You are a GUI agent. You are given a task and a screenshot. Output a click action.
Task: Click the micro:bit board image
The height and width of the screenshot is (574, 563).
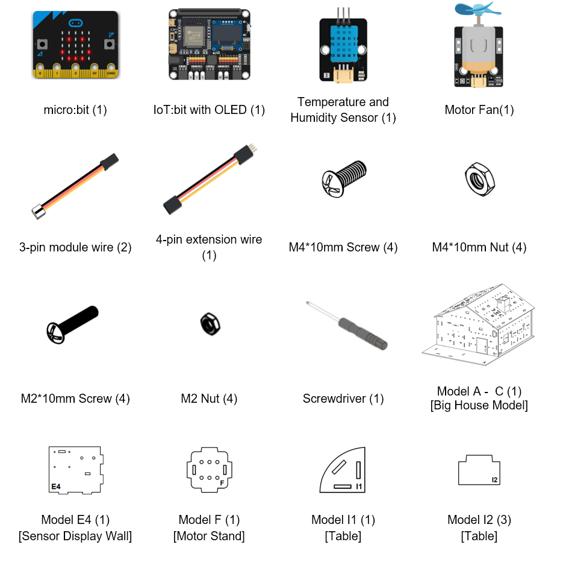pyautogui.click(x=76, y=45)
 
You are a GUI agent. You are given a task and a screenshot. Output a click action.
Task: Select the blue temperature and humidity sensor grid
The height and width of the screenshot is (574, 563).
pyautogui.click(x=343, y=44)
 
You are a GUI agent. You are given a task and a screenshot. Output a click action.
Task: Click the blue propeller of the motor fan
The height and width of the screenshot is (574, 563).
pyautogui.click(x=478, y=9)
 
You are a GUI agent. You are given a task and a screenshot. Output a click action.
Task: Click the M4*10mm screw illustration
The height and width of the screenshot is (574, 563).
pyautogui.click(x=344, y=178)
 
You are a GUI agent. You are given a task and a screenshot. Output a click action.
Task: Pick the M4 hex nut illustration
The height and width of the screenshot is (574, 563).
pyautogui.click(x=480, y=180)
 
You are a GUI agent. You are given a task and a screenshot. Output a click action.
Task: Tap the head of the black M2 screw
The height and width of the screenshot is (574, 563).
pyautogui.click(x=55, y=333)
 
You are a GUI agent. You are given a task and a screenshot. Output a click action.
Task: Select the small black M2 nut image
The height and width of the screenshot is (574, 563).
pyautogui.click(x=210, y=324)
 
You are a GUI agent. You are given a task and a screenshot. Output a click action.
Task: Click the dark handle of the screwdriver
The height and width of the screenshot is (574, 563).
pyautogui.click(x=363, y=334)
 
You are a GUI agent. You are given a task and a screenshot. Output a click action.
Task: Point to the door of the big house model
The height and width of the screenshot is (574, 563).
pyautogui.click(x=482, y=345)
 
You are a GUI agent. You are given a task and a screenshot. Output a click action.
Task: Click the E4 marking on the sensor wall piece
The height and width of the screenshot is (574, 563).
pyautogui.click(x=56, y=487)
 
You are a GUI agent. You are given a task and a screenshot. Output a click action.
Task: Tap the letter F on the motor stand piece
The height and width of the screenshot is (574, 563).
pyautogui.click(x=222, y=483)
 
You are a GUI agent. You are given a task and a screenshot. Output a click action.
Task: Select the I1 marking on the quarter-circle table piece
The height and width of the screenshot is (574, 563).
pyautogui.click(x=359, y=486)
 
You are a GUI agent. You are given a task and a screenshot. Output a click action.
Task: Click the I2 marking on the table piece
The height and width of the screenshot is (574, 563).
pyautogui.click(x=494, y=480)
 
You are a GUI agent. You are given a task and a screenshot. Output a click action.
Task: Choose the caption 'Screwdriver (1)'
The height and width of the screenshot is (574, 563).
pyautogui.click(x=343, y=399)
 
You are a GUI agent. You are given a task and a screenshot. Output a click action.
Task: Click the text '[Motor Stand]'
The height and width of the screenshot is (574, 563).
pyautogui.click(x=209, y=536)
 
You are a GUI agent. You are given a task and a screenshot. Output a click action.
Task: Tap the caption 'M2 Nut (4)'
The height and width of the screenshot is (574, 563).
pyautogui.click(x=209, y=399)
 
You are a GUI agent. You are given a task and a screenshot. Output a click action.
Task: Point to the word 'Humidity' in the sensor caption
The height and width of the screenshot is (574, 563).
pyautogui.click(x=316, y=118)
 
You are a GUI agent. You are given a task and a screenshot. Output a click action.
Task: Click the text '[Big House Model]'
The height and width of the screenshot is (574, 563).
pyautogui.click(x=479, y=405)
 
